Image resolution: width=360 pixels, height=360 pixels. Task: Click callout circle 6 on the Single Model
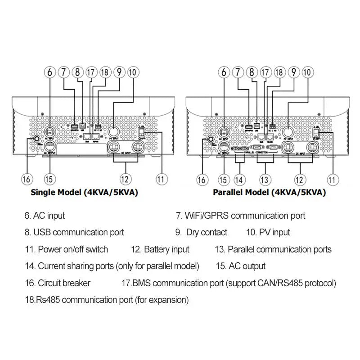pyautogui.click(x=50, y=72)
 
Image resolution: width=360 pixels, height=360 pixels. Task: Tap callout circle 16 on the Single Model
pyautogui.click(x=27, y=179)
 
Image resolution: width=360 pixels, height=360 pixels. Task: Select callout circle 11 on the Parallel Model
pyautogui.click(x=332, y=179)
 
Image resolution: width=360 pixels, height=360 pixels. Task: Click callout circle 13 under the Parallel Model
pyautogui.click(x=265, y=179)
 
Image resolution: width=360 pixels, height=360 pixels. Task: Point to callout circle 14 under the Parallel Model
pyautogui.click(x=240, y=179)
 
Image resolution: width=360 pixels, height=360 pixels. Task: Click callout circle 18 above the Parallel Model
pyautogui.click(x=279, y=72)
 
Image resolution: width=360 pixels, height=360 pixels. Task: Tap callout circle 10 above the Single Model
pyautogui.click(x=133, y=72)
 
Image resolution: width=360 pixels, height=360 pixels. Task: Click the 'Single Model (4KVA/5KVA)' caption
pyautogui.click(x=84, y=193)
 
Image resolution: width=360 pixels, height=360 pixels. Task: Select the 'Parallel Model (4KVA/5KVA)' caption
pyautogui.click(x=270, y=193)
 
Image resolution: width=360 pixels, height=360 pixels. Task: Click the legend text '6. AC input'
pyautogui.click(x=45, y=216)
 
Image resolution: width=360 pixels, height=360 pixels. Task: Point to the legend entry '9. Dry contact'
pyautogui.click(x=201, y=233)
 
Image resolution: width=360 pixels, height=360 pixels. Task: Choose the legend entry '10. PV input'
pyautogui.click(x=268, y=233)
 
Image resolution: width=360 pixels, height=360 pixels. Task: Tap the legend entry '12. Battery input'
pyautogui.click(x=160, y=249)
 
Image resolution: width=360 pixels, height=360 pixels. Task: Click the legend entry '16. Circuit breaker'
pyautogui.click(x=58, y=283)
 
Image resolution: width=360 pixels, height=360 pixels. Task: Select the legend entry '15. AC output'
pyautogui.click(x=241, y=266)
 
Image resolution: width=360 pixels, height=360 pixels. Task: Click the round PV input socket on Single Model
pyautogui.click(x=113, y=131)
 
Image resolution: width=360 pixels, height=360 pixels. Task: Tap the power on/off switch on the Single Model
pyautogui.click(x=142, y=132)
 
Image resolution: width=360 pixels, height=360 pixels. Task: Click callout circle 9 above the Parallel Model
pyautogui.click(x=294, y=72)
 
